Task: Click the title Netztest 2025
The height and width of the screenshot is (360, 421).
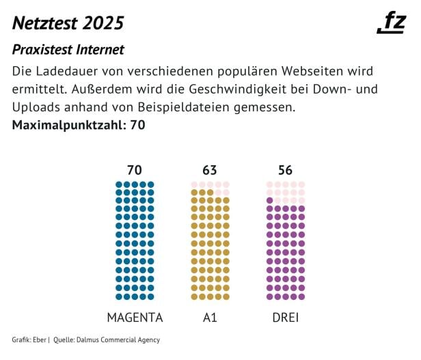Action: [x=68, y=23]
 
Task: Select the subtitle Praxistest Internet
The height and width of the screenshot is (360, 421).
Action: [x=68, y=50]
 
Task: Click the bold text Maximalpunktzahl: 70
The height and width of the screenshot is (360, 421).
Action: [x=79, y=125]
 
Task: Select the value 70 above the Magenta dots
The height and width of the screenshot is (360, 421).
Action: [x=135, y=170]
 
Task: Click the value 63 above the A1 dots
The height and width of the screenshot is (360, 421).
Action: [x=210, y=170]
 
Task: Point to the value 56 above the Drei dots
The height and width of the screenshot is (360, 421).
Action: [x=285, y=170]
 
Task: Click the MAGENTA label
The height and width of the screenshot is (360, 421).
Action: [x=135, y=318]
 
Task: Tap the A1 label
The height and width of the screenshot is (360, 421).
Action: [x=210, y=318]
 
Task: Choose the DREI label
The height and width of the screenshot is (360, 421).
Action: [x=285, y=318]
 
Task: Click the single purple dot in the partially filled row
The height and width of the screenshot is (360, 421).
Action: [x=270, y=200]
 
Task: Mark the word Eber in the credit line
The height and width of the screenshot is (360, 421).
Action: [x=39, y=340]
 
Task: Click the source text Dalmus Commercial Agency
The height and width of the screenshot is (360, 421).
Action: [x=117, y=340]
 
